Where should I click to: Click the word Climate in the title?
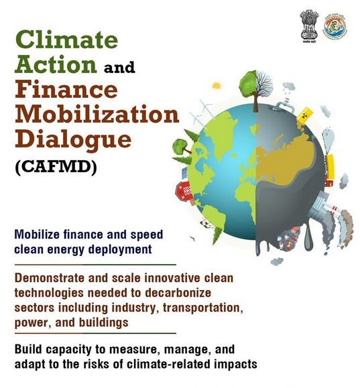66,40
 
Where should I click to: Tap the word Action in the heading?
56,64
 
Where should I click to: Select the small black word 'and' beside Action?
119,67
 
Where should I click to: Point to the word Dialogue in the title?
73,139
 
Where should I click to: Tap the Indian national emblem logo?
309,26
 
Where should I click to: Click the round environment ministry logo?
335,25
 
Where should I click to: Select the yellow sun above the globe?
217,85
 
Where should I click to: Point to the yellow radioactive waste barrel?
304,115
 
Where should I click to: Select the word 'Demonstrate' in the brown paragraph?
50,278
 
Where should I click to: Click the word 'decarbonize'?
178,293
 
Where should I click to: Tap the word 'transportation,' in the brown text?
202,308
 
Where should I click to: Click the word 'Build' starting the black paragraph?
29,349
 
